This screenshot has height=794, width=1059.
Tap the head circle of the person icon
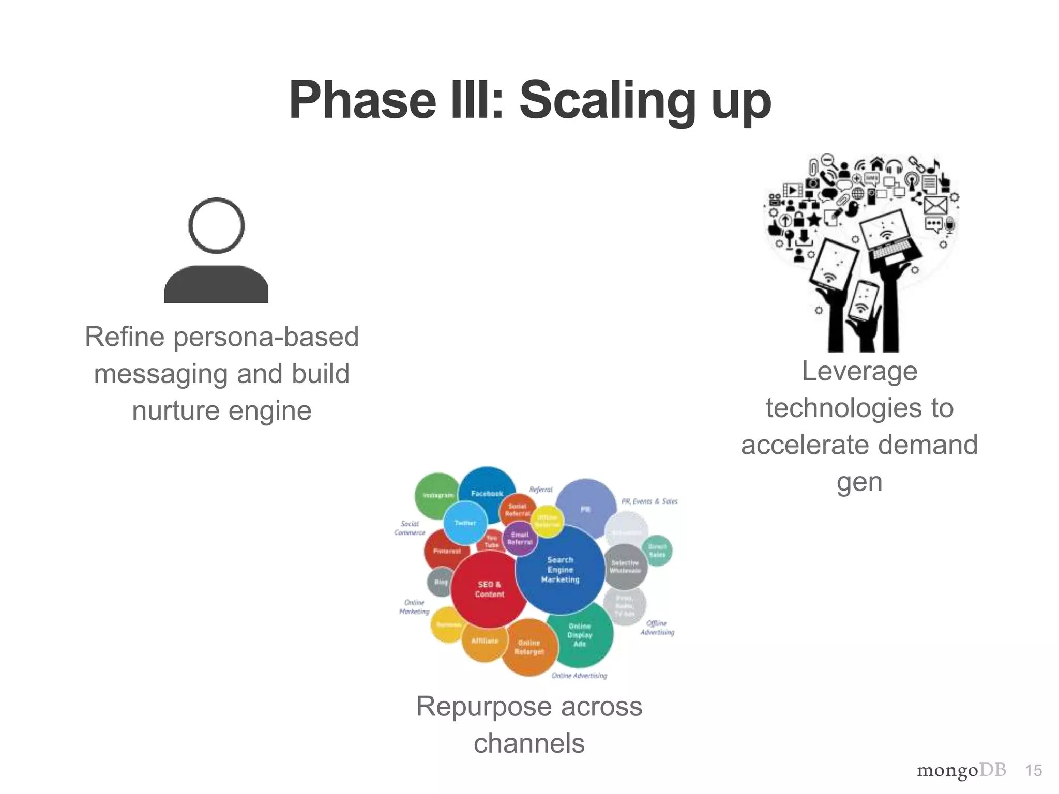(x=216, y=225)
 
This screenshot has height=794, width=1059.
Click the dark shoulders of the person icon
(x=216, y=285)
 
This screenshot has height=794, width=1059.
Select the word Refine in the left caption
(x=125, y=337)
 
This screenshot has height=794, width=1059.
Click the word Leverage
(x=859, y=371)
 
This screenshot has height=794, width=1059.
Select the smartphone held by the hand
(x=864, y=305)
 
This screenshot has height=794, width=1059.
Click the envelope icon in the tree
(x=935, y=205)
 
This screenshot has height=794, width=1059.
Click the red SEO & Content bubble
(x=489, y=589)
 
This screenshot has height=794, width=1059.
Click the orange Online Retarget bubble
(x=529, y=647)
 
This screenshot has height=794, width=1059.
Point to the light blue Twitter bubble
(x=465, y=523)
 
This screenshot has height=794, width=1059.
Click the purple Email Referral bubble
(x=520, y=539)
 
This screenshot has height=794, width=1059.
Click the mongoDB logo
(x=961, y=771)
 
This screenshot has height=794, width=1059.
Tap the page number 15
(x=1033, y=771)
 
